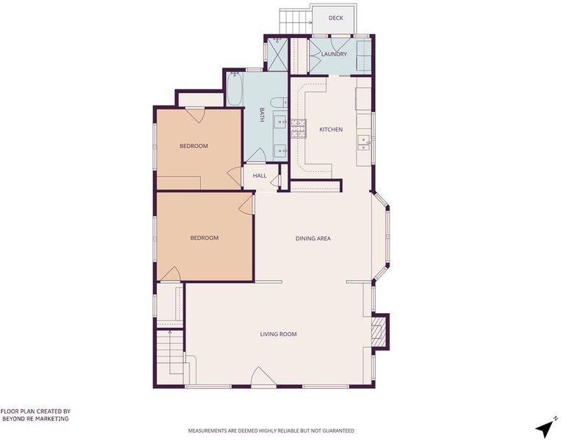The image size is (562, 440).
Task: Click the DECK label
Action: click(335, 18)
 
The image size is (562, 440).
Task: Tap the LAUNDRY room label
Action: click(334, 54)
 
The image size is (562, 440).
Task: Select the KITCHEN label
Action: click(331, 129)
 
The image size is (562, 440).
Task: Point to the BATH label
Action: click(262, 114)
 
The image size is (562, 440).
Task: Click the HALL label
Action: click(260, 175)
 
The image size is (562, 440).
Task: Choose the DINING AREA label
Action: click(313, 238)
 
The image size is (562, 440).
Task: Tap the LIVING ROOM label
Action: click(278, 334)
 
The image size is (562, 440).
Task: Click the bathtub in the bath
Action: click(234, 89)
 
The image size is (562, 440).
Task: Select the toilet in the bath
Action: click(279, 103)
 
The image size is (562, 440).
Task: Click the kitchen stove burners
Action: click(299, 128)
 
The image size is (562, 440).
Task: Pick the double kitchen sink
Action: click(365, 143)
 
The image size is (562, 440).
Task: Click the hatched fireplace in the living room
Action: click(377, 331)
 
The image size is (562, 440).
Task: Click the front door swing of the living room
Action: click(263, 376)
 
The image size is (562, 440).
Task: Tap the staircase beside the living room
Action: click(170, 353)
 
